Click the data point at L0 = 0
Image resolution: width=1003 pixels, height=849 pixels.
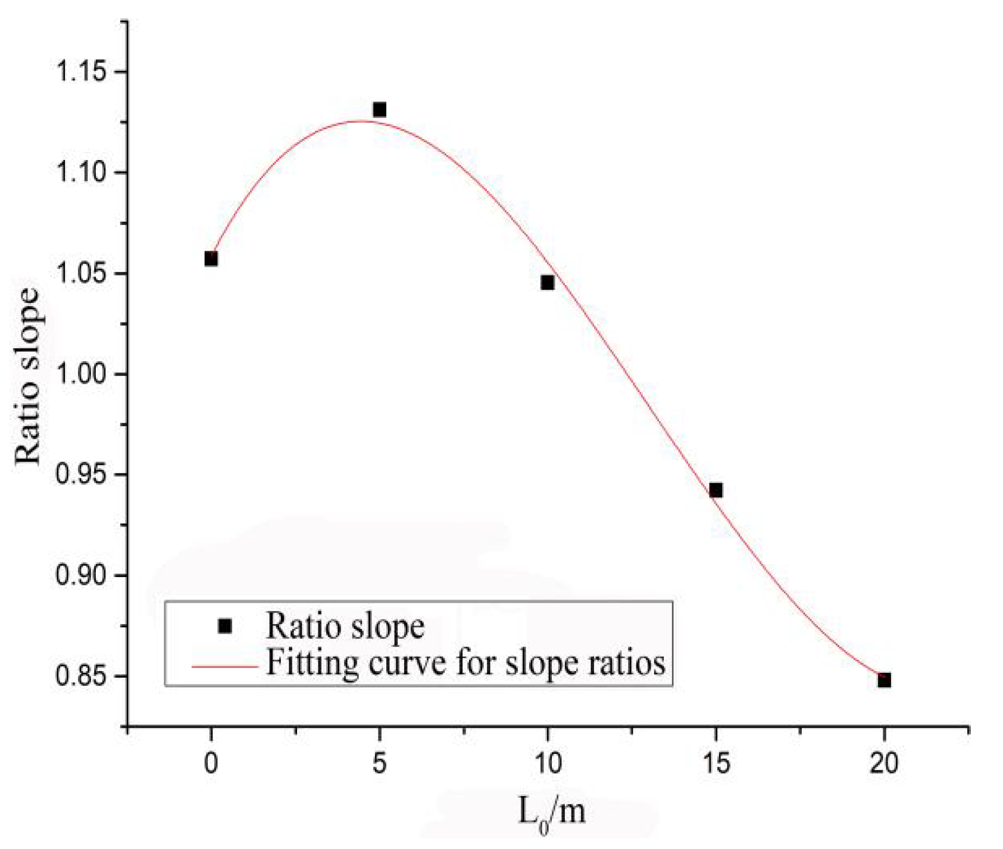[x=211, y=259]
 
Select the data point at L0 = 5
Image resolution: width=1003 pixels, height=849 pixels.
[x=379, y=109]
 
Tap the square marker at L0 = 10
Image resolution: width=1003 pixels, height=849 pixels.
[x=548, y=283]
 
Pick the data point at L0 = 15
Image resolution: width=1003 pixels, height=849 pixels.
[x=716, y=490]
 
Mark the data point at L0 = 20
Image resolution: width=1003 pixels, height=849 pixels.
[x=884, y=680]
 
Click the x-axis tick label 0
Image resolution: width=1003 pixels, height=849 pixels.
[x=211, y=763]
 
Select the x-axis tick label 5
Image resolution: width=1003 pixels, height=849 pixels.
[x=379, y=763]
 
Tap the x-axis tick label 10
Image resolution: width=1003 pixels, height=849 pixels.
[x=548, y=763]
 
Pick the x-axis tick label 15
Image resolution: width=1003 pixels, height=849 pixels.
[x=716, y=763]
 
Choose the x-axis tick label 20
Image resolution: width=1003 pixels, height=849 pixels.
[x=884, y=763]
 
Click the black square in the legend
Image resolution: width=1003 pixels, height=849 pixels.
[x=225, y=626]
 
